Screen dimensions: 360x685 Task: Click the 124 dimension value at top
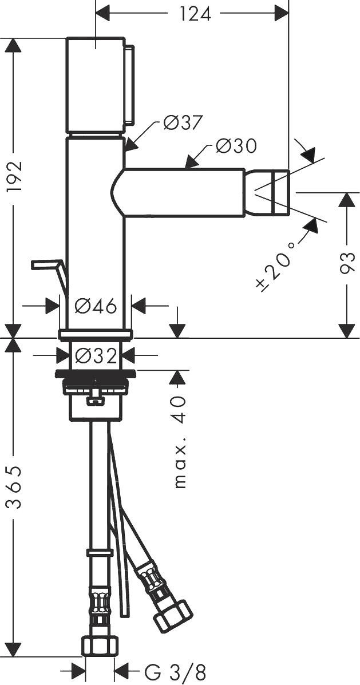(195, 14)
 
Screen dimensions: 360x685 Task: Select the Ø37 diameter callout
(184, 123)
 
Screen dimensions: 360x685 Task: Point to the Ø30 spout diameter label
(236, 146)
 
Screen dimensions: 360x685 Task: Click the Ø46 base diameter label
(96, 306)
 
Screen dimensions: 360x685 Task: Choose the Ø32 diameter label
(96, 357)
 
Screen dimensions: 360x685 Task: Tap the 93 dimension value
(348, 262)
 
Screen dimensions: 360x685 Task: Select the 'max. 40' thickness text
(180, 442)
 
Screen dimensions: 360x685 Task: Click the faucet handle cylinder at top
(96, 85)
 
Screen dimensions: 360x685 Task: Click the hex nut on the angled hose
(174, 616)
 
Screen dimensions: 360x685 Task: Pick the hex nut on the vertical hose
(100, 646)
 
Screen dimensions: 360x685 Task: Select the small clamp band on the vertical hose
(100, 553)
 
